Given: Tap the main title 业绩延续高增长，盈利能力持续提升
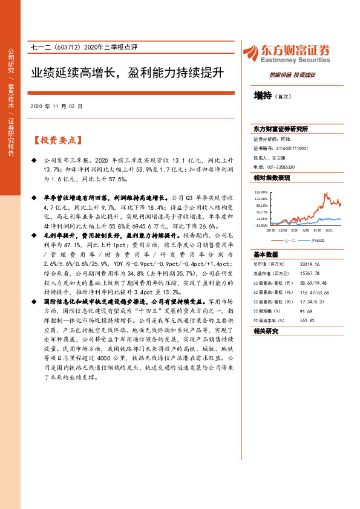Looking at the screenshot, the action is point(128,73).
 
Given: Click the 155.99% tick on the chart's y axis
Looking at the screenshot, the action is point(261,192).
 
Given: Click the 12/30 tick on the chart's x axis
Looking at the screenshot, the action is point(283,230).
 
